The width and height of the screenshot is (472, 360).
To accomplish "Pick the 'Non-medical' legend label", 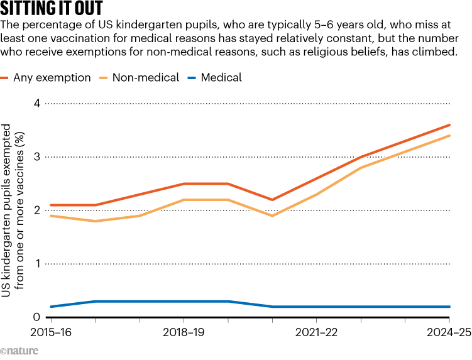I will [145, 78].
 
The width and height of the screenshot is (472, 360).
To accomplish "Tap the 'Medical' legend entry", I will [221, 78].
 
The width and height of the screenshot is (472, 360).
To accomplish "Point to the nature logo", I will [19, 351].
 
